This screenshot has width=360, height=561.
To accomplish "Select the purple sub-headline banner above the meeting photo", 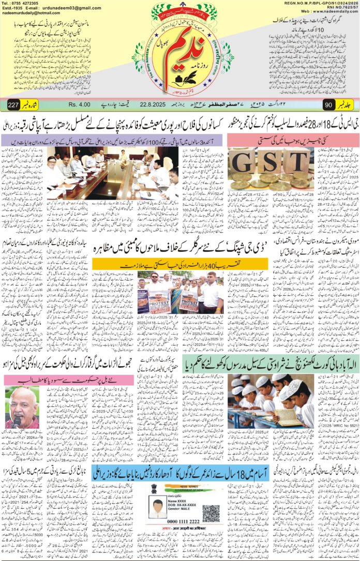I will (x=109, y=140).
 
